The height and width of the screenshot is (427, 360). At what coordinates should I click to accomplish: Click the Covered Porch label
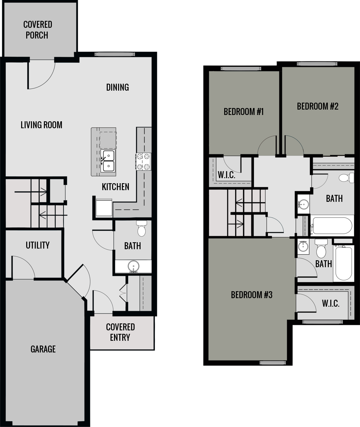[x=37, y=30]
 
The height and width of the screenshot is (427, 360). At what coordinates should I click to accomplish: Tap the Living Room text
[x=41, y=125]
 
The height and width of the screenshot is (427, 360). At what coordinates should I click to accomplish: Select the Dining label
[x=117, y=87]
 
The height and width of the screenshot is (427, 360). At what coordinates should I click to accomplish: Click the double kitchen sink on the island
[x=108, y=161]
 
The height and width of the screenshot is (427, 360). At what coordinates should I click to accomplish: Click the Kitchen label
[x=115, y=187]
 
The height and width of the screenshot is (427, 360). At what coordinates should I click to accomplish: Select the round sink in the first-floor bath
[x=133, y=266]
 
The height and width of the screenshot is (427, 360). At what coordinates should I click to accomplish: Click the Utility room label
[x=38, y=245]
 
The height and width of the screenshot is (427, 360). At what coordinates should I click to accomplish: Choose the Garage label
[x=43, y=349]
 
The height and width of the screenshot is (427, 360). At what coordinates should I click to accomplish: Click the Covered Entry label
[x=120, y=332]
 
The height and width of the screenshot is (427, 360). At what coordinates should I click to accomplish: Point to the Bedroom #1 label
[x=243, y=111]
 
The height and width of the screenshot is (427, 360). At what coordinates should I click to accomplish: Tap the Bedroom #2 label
[x=317, y=106]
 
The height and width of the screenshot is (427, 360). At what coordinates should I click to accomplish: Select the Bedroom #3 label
[x=251, y=295]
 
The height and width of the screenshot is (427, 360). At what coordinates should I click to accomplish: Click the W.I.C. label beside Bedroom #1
[x=226, y=175]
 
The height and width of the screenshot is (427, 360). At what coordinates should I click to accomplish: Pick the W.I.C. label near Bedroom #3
[x=331, y=304]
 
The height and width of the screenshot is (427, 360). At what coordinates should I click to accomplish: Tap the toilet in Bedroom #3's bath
[x=321, y=250]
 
